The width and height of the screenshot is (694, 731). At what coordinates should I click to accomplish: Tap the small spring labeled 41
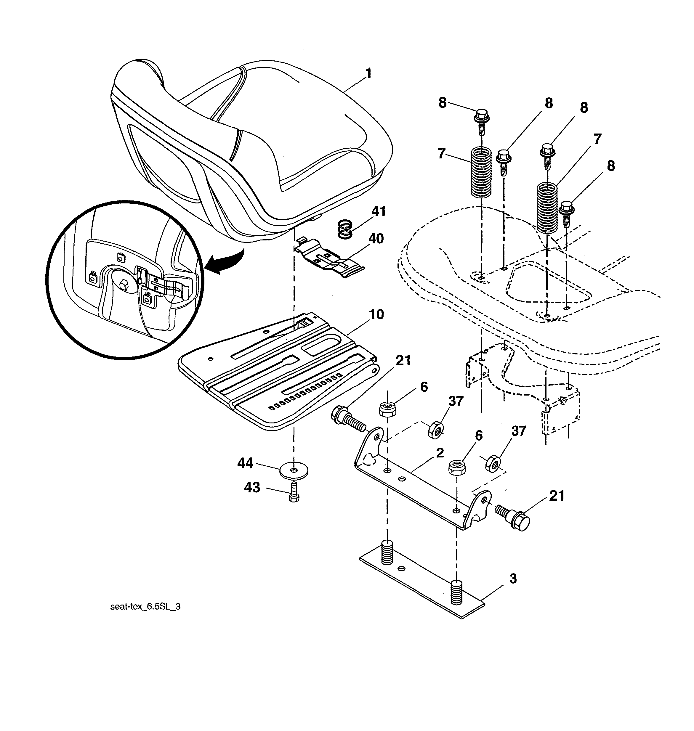click(345, 229)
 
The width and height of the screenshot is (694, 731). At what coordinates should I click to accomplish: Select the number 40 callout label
click(376, 239)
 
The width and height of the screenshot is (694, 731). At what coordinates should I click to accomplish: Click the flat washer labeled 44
click(294, 471)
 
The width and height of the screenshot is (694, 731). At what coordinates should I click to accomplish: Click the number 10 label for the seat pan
click(376, 315)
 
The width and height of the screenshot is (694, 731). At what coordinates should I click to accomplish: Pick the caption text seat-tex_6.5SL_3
click(145, 607)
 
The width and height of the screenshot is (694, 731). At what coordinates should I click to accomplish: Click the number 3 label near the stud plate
click(513, 579)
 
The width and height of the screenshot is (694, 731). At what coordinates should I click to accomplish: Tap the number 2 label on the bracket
click(440, 453)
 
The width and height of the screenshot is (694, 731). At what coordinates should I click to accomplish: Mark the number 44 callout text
click(245, 463)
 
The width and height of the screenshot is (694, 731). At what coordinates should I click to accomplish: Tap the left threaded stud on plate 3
click(386, 553)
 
